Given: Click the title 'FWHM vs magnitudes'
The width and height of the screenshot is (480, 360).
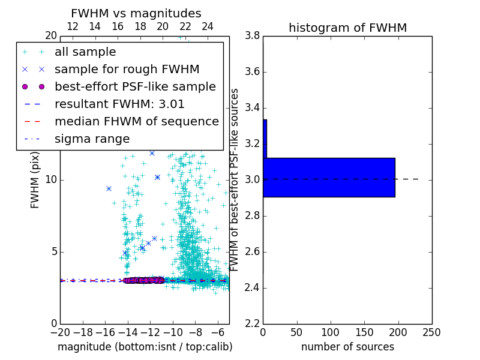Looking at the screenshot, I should coord(136,13).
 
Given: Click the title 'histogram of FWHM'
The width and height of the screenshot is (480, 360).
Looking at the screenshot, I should coord(347,28).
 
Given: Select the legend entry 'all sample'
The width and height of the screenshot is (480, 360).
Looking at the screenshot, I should coord(85,52).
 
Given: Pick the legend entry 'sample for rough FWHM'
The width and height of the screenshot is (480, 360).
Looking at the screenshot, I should coord(127,69).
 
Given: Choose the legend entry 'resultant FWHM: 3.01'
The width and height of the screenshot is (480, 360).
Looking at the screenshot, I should coord(119,104).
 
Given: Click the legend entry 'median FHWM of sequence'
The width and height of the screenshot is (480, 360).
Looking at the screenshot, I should coord(136,121).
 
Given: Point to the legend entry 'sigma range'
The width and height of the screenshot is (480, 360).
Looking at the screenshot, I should coord(92,139).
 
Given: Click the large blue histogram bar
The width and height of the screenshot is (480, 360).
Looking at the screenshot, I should coord(329,177).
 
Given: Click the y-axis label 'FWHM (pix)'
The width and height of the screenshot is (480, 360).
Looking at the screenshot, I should coord(35,179).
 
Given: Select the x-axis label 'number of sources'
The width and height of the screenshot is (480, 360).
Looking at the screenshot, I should coord(347,347).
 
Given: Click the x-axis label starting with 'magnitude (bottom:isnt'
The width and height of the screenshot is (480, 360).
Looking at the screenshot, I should coord(145,347).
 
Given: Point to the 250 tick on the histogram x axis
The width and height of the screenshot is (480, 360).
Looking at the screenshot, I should coord(431,332).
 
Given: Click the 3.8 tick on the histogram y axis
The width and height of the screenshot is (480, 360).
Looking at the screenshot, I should coord(252,35).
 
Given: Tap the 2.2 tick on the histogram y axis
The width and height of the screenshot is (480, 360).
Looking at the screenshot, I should coord(252,323).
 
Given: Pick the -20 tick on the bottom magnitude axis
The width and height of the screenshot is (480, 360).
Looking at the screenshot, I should coord(60,332).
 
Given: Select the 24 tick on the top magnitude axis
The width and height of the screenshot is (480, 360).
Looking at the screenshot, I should coord(208,26).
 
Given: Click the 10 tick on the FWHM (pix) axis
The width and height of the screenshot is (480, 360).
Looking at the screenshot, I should coord(50,179).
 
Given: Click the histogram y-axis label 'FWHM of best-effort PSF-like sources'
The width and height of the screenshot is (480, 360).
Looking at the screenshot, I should coord(235,179).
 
